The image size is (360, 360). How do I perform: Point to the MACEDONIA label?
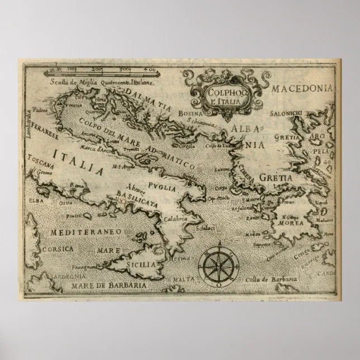pos(302,88)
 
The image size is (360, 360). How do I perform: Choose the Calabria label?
pos(176,219)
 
